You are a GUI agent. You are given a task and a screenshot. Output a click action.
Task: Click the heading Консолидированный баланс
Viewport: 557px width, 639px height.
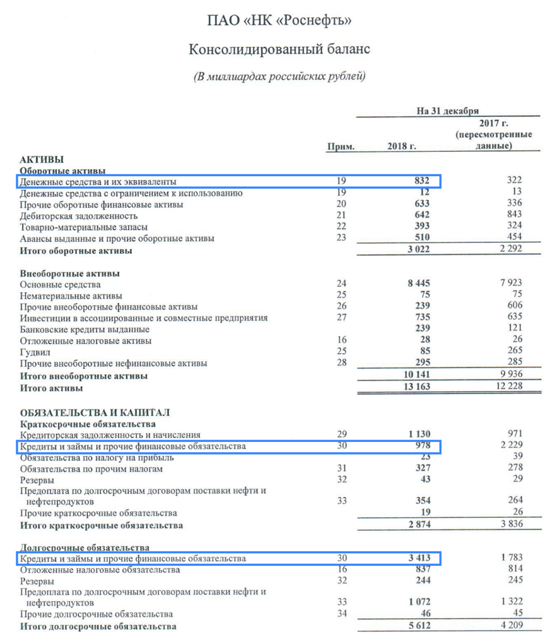[279, 49]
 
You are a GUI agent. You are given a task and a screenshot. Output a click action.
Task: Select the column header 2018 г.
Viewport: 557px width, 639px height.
[402, 146]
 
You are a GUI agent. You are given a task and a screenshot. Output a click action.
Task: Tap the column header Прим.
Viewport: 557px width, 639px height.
[341, 146]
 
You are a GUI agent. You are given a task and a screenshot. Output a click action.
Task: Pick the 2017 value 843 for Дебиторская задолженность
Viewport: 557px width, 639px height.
[514, 215]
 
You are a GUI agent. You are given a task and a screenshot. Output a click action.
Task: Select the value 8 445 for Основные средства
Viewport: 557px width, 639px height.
[419, 284]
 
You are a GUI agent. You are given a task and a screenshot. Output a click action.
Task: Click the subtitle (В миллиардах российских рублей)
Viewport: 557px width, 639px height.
[279, 77]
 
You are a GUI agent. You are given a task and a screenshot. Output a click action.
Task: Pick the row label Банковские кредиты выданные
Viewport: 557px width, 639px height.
[85, 329]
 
